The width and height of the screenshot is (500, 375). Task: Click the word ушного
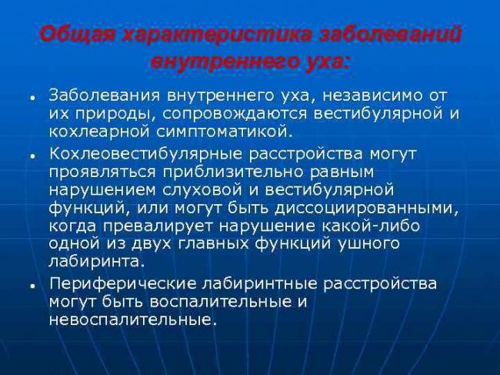[369, 245]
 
